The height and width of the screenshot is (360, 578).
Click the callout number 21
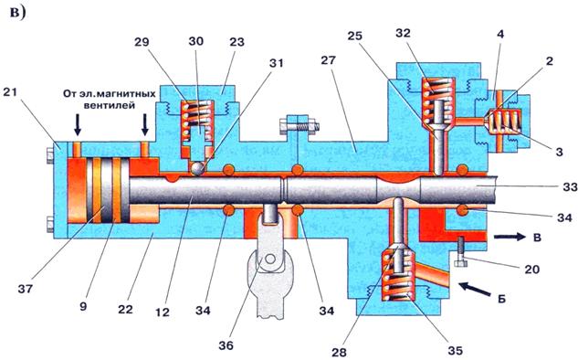click(10, 91)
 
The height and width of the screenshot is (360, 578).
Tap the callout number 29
click(142, 42)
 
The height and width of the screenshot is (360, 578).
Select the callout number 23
click(236, 42)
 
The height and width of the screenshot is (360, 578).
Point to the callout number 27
click(329, 59)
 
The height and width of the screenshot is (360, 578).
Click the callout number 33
click(570, 187)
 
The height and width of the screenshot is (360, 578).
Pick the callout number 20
click(531, 269)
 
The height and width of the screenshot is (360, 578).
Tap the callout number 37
click(26, 289)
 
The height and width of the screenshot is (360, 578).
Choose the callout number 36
click(226, 345)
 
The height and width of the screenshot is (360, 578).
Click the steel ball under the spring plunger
click(198, 169)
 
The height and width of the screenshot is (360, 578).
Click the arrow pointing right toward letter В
click(510, 237)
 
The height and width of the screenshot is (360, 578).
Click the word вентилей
click(108, 105)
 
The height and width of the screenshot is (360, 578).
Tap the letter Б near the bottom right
click(500, 299)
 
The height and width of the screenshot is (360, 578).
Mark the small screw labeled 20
click(461, 252)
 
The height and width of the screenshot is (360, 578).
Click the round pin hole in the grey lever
click(270, 259)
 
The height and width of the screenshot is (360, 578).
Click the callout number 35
click(455, 350)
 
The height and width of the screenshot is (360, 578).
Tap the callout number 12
click(163, 312)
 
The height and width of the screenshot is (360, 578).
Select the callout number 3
click(559, 152)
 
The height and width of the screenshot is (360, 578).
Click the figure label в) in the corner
click(17, 13)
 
